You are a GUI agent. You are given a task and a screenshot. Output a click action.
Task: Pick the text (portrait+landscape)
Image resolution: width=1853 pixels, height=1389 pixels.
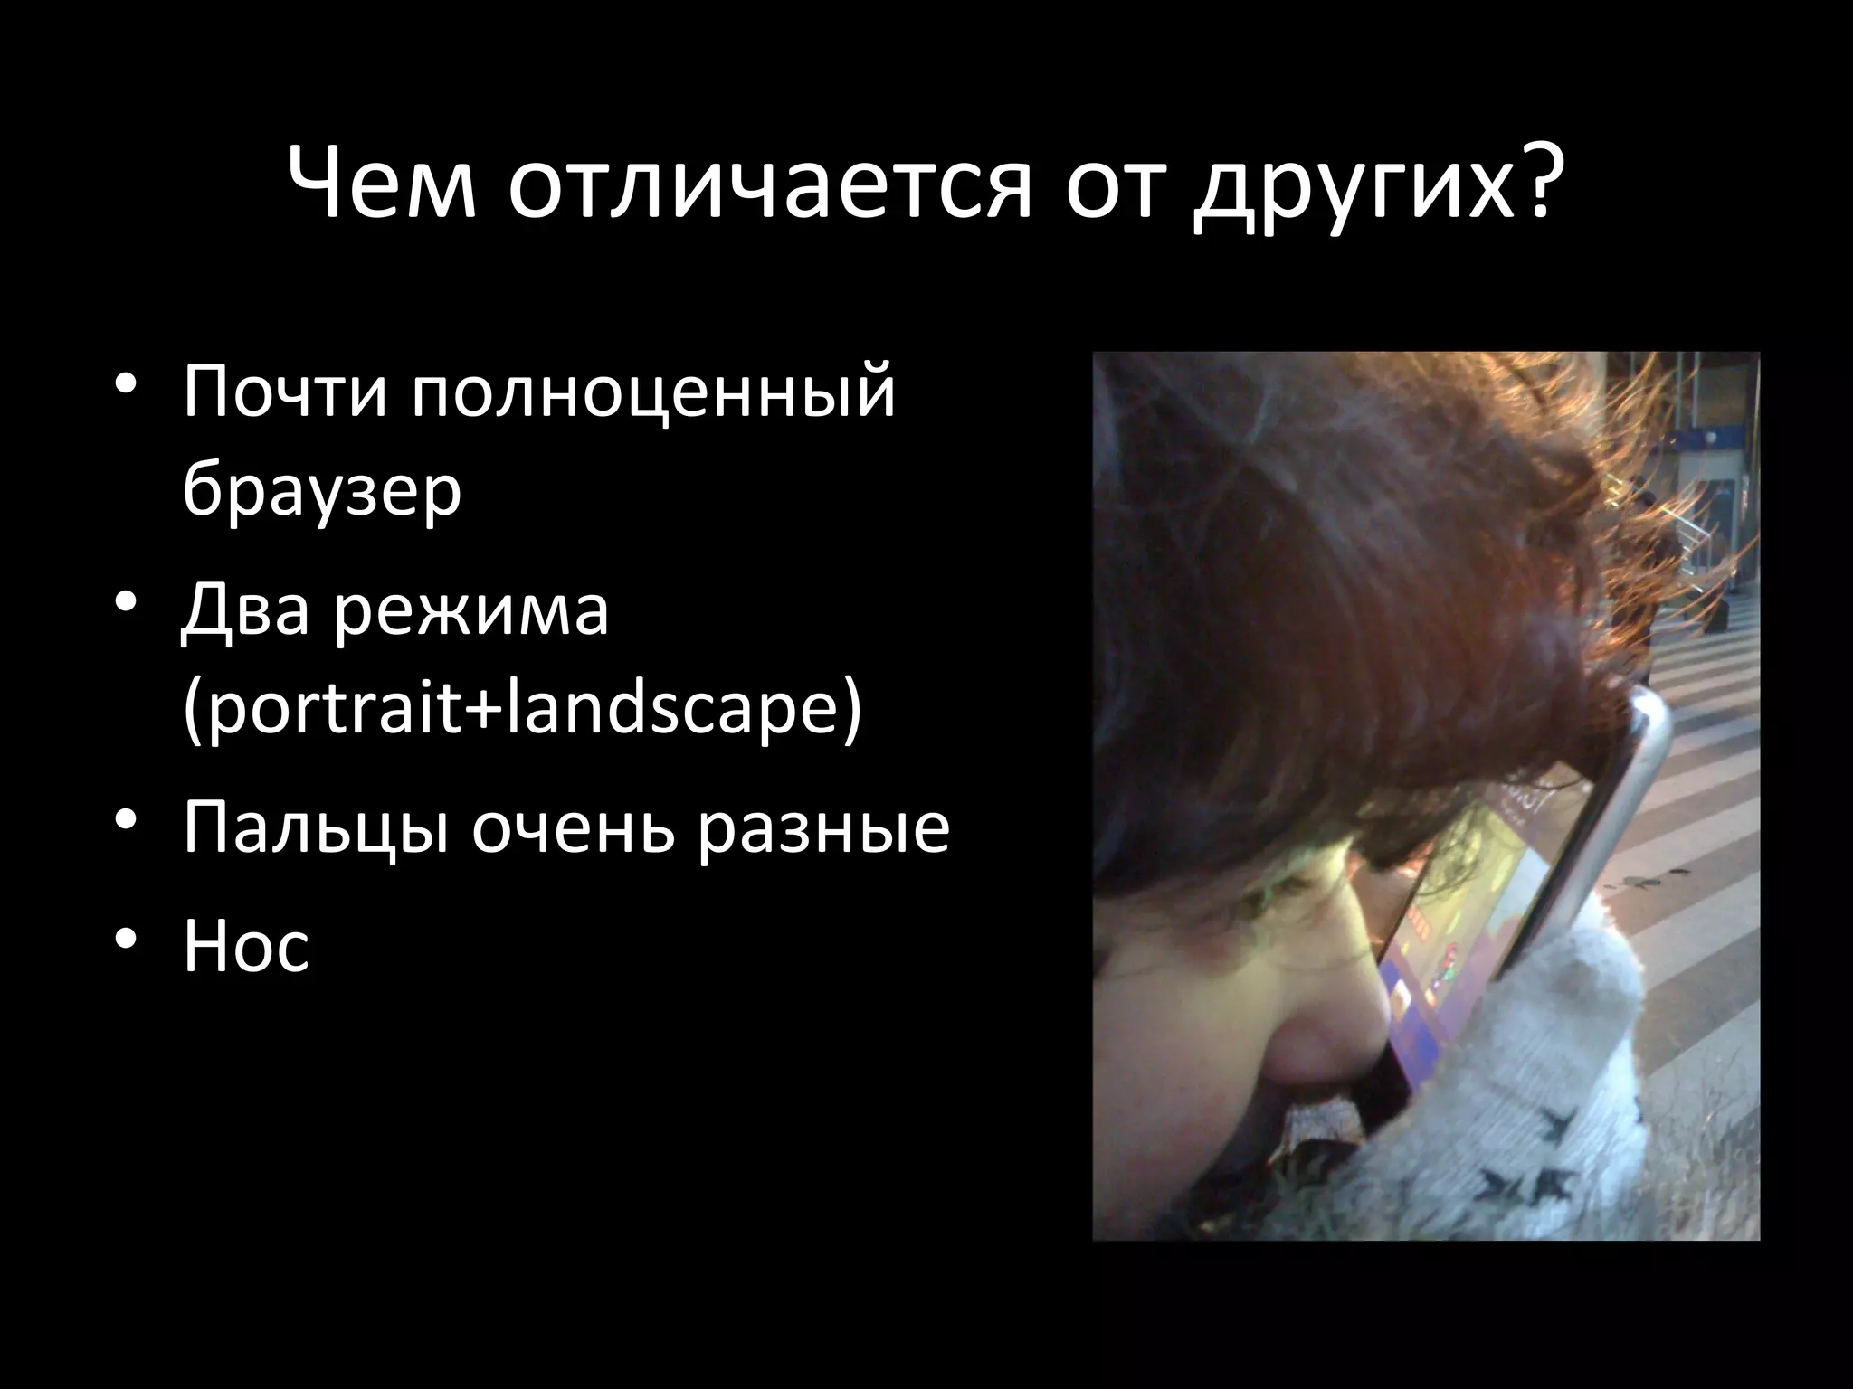pos(521,713)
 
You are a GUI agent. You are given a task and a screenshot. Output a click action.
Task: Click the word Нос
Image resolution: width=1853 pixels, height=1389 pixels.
pos(246,947)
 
